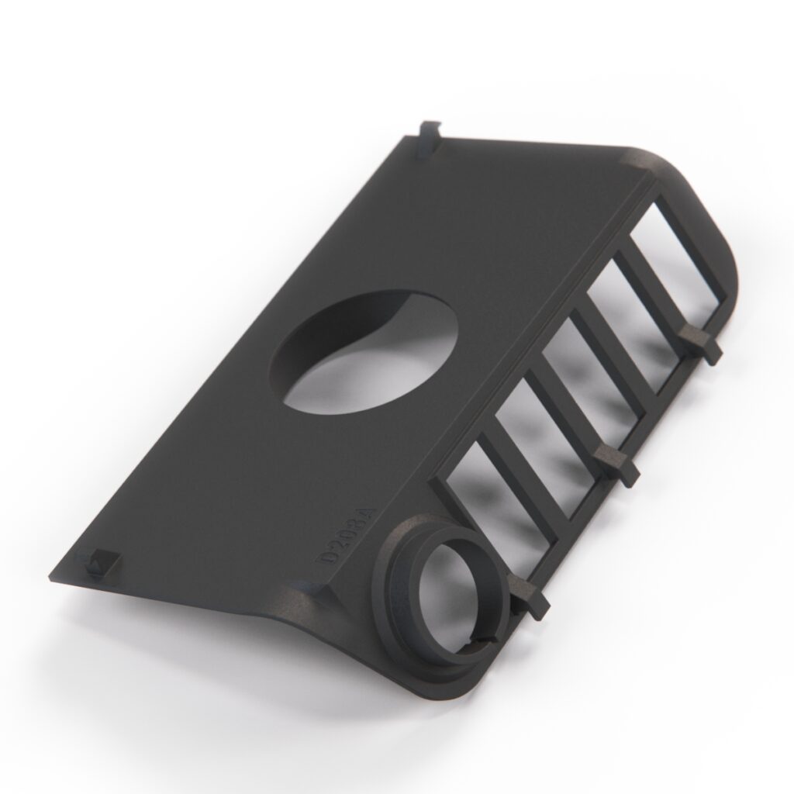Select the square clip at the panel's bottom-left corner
coord(97,562)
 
